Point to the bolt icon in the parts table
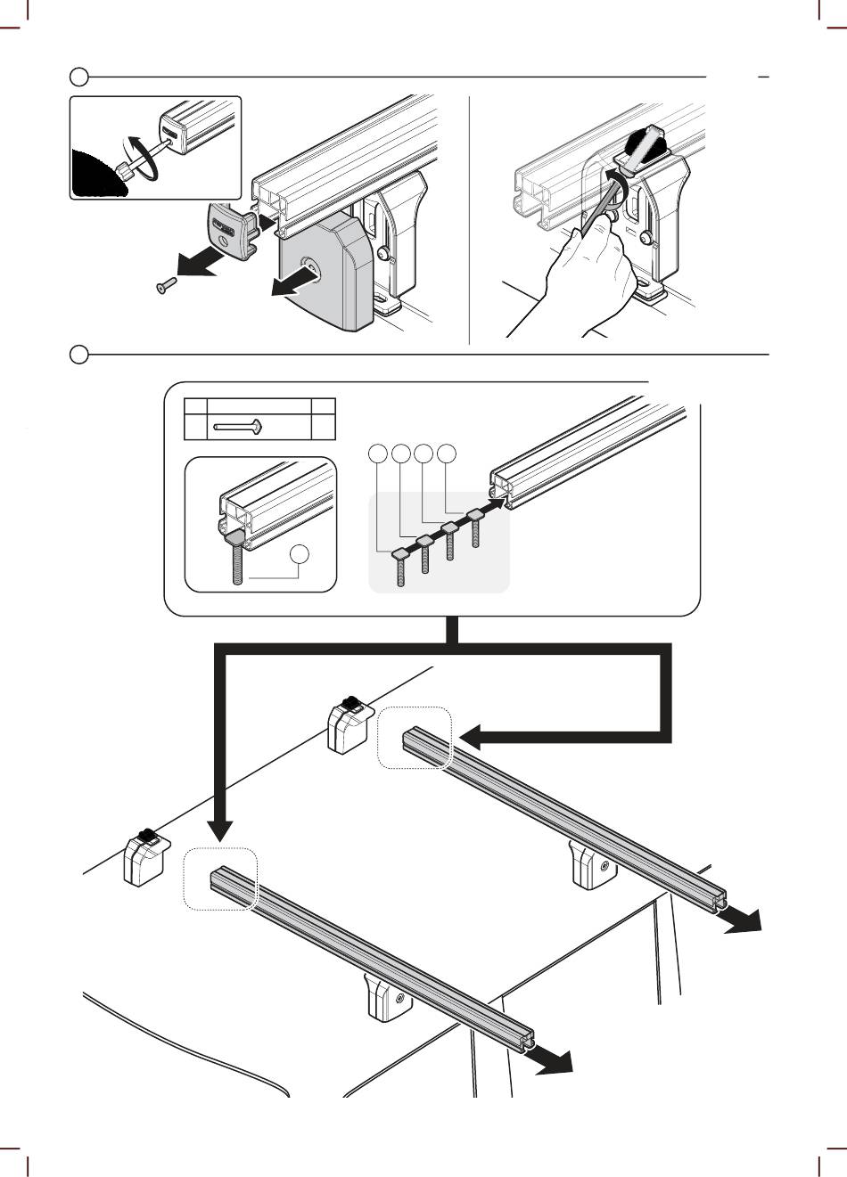pyautogui.click(x=236, y=429)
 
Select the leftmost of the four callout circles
pyautogui.click(x=378, y=454)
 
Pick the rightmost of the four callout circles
pyautogui.click(x=448, y=454)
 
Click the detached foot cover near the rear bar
pyautogui.click(x=349, y=725)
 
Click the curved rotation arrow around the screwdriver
pyautogui.click(x=143, y=160)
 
